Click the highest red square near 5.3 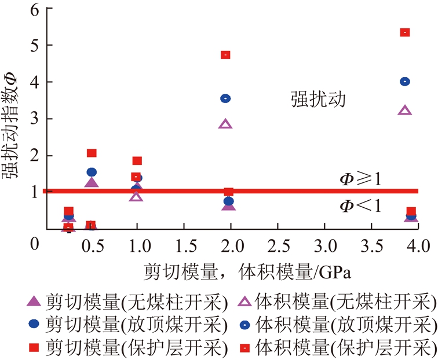[x=405, y=32]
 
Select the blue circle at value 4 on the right [x=405, y=82]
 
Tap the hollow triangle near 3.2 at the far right [x=405, y=111]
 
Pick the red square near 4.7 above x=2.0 [x=226, y=55]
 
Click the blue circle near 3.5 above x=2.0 [x=226, y=98]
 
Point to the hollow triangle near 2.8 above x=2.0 [x=226, y=124]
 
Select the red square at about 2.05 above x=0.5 [x=92, y=153]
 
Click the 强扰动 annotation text [x=318, y=100]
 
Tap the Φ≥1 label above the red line [x=360, y=179]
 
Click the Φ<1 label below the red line [x=360, y=204]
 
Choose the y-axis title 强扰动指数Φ [x=13, y=121]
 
